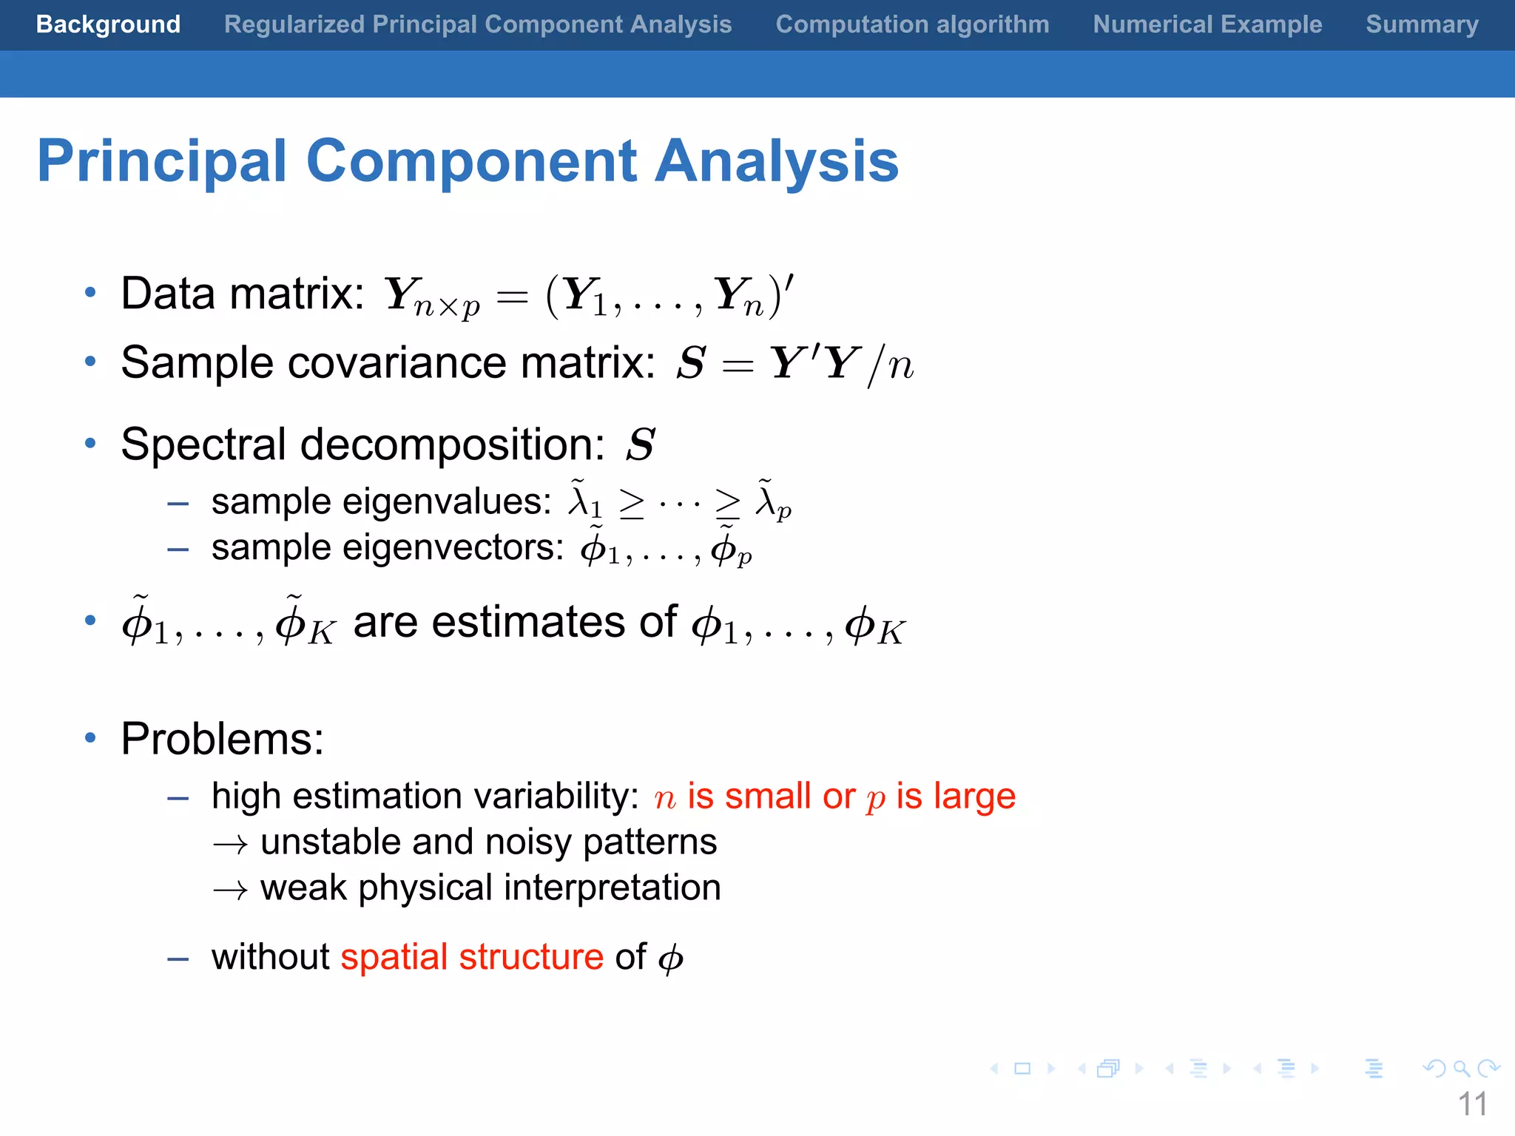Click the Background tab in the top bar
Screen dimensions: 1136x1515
(108, 24)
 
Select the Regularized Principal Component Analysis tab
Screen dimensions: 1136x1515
(478, 24)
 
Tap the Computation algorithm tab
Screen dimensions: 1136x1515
(912, 24)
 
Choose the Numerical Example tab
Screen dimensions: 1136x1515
(1207, 24)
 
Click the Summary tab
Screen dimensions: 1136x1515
(1422, 24)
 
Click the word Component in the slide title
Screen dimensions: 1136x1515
(471, 161)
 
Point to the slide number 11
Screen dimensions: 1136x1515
(1472, 1104)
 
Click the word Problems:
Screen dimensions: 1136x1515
(223, 738)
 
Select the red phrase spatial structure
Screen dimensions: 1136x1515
(472, 956)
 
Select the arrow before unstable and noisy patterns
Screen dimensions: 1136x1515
(230, 844)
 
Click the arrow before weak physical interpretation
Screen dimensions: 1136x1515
(230, 890)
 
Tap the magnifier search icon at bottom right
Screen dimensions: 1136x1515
(1461, 1068)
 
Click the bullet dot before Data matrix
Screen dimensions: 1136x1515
(90, 293)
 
